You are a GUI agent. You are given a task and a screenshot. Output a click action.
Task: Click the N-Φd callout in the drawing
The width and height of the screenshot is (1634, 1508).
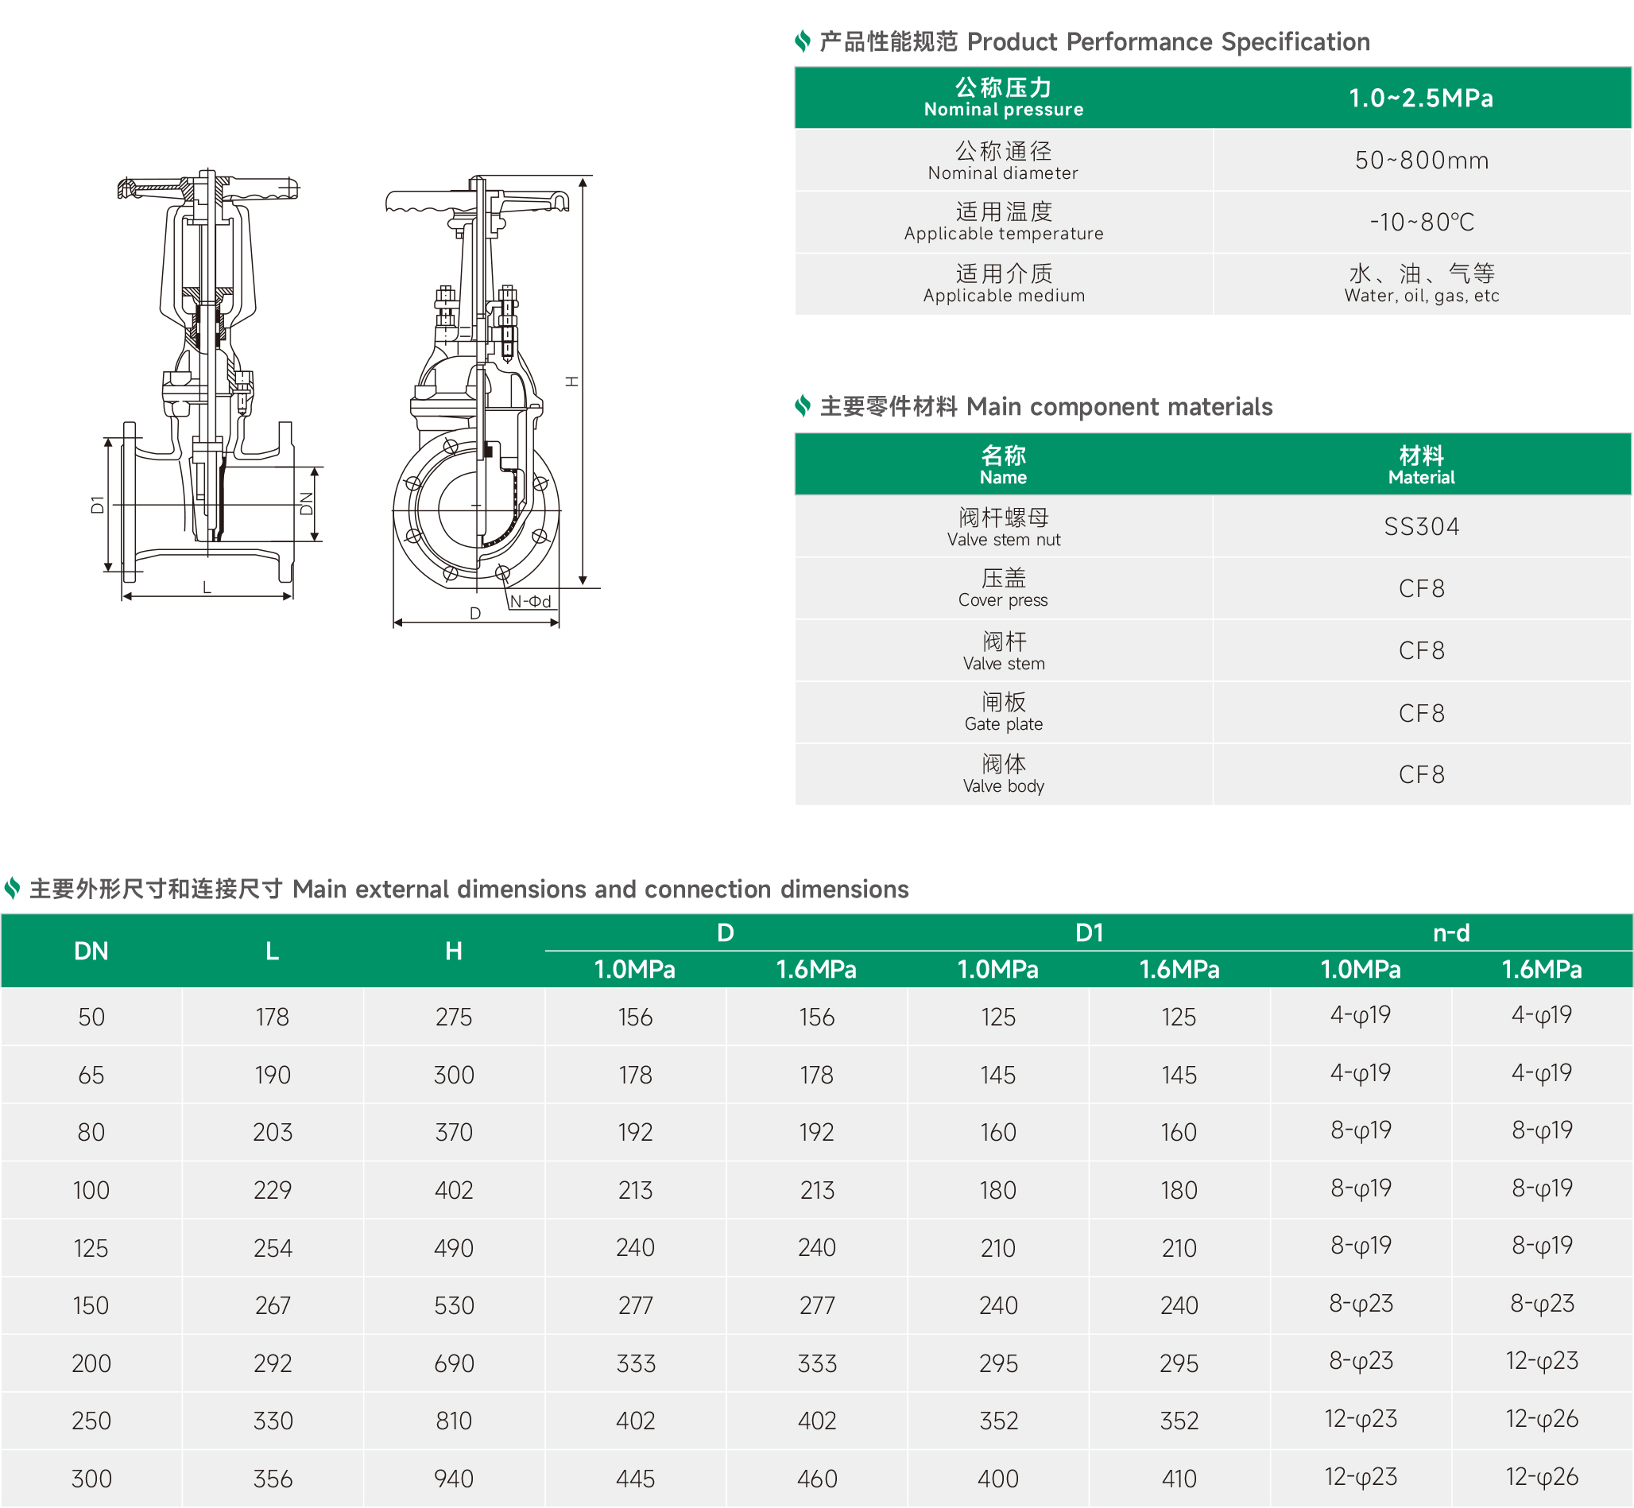(x=530, y=602)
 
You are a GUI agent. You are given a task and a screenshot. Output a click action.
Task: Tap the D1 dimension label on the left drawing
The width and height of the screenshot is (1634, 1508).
(x=98, y=504)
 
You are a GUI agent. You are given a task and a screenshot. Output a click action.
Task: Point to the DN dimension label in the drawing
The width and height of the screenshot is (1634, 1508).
(x=307, y=503)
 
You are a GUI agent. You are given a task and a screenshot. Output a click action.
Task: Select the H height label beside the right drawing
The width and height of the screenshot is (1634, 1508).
(x=572, y=381)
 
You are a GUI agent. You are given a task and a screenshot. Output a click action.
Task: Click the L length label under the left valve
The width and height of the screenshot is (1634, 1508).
(x=207, y=587)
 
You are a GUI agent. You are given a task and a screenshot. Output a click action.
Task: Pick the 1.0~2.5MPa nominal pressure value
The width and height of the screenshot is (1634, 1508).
(x=1421, y=98)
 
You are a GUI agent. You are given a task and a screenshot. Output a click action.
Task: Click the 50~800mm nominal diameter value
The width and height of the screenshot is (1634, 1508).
(x=1421, y=160)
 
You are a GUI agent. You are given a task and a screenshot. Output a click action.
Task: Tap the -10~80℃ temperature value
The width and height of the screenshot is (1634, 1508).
(x=1421, y=222)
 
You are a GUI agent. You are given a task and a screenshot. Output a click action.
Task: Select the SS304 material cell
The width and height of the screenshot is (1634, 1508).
(x=1421, y=526)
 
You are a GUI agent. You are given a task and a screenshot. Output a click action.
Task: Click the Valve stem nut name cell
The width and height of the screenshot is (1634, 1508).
(x=1004, y=526)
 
